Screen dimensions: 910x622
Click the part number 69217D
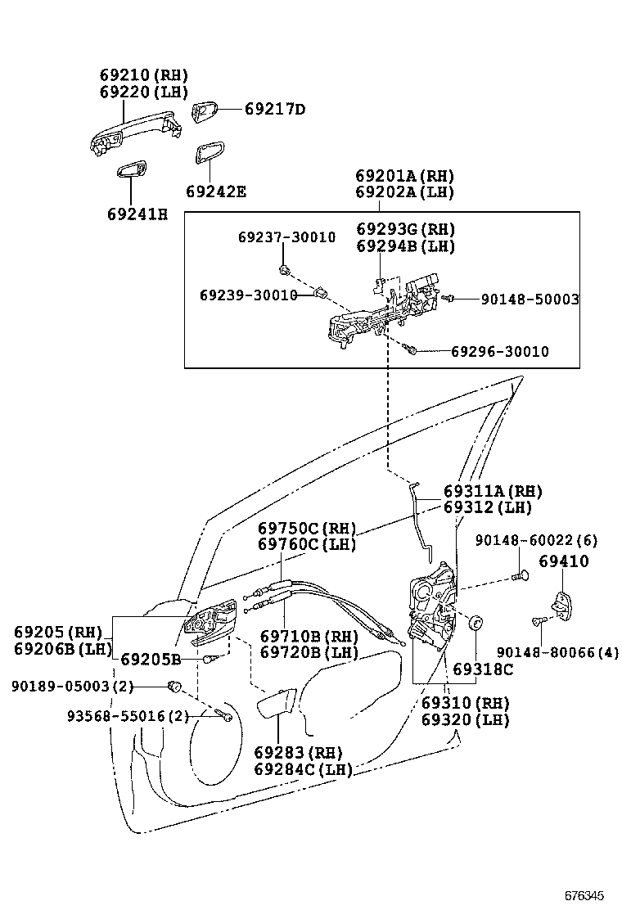(x=264, y=109)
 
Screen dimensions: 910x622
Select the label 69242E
(x=215, y=191)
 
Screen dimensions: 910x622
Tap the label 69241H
(x=137, y=214)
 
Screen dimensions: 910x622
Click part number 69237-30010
(x=286, y=237)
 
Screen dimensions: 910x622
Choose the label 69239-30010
(x=248, y=295)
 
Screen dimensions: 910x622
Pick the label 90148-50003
(x=530, y=300)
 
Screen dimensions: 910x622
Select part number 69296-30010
(x=499, y=351)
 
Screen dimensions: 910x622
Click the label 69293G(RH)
(x=405, y=229)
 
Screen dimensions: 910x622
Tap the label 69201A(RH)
(x=404, y=176)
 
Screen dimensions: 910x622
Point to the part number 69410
(x=563, y=561)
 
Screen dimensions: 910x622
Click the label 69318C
(x=482, y=669)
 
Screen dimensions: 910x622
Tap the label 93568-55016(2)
(x=128, y=716)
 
